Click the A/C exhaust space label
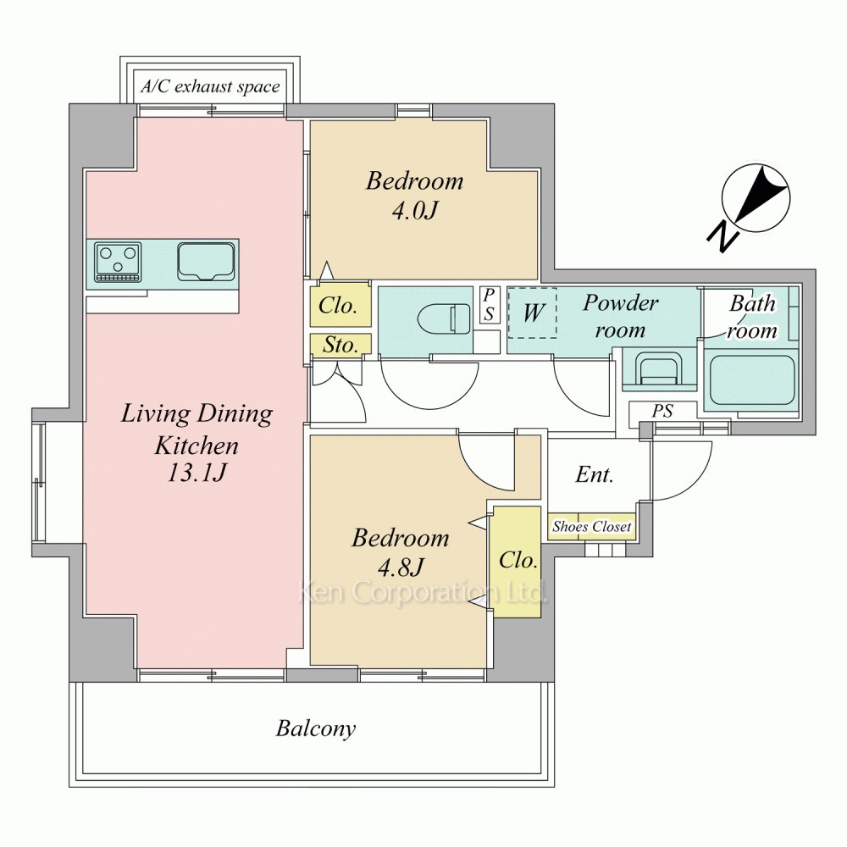pyautogui.click(x=210, y=86)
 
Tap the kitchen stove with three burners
pyautogui.click(x=118, y=262)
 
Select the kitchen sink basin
pyautogui.click(x=206, y=262)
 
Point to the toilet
pyautogui.click(x=444, y=318)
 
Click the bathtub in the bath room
pyautogui.click(x=751, y=379)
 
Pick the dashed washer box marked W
pyautogui.click(x=532, y=313)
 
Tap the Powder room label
pyautogui.click(x=621, y=315)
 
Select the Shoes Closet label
pyautogui.click(x=591, y=526)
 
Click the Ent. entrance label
pyautogui.click(x=595, y=474)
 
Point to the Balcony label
pyautogui.click(x=316, y=728)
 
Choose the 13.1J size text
pyautogui.click(x=197, y=473)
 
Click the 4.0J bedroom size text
pyautogui.click(x=414, y=211)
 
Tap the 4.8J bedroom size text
pyautogui.click(x=401, y=567)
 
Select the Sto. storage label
pyautogui.click(x=340, y=346)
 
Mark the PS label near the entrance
pyautogui.click(x=662, y=411)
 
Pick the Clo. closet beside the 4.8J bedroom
pyautogui.click(x=518, y=561)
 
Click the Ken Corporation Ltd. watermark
pyautogui.click(x=423, y=592)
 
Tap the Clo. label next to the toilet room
pyautogui.click(x=338, y=306)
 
